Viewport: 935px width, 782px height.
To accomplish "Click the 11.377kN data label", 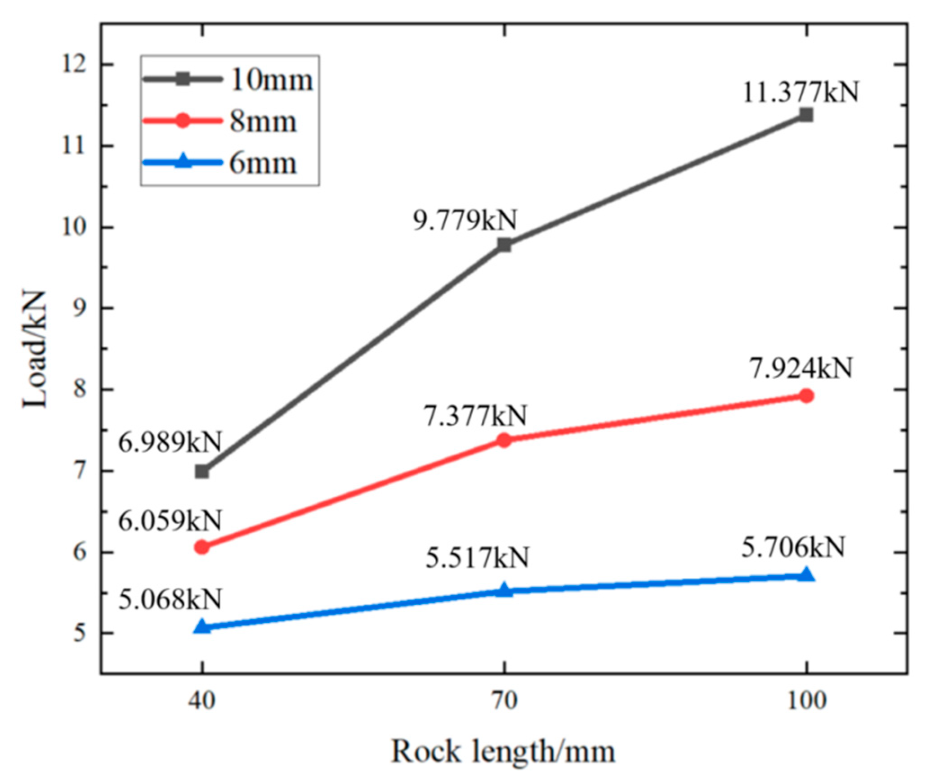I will [800, 92].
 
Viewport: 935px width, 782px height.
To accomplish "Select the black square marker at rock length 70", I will [504, 245].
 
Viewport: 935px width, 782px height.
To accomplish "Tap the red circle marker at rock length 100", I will [806, 395].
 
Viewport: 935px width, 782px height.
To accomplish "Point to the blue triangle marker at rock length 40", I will [202, 626].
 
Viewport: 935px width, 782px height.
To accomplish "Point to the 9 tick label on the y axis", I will [81, 308].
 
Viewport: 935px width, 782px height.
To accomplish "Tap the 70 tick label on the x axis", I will [504, 701].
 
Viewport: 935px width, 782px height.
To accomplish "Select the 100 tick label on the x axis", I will [806, 701].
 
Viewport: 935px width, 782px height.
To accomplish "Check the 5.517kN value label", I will [477, 558].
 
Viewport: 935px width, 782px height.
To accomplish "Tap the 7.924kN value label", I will [801, 369].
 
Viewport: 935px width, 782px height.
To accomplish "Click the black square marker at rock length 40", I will [202, 472].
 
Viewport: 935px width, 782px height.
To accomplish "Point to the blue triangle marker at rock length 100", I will [806, 575].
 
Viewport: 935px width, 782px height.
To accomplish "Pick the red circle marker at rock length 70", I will [504, 440].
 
